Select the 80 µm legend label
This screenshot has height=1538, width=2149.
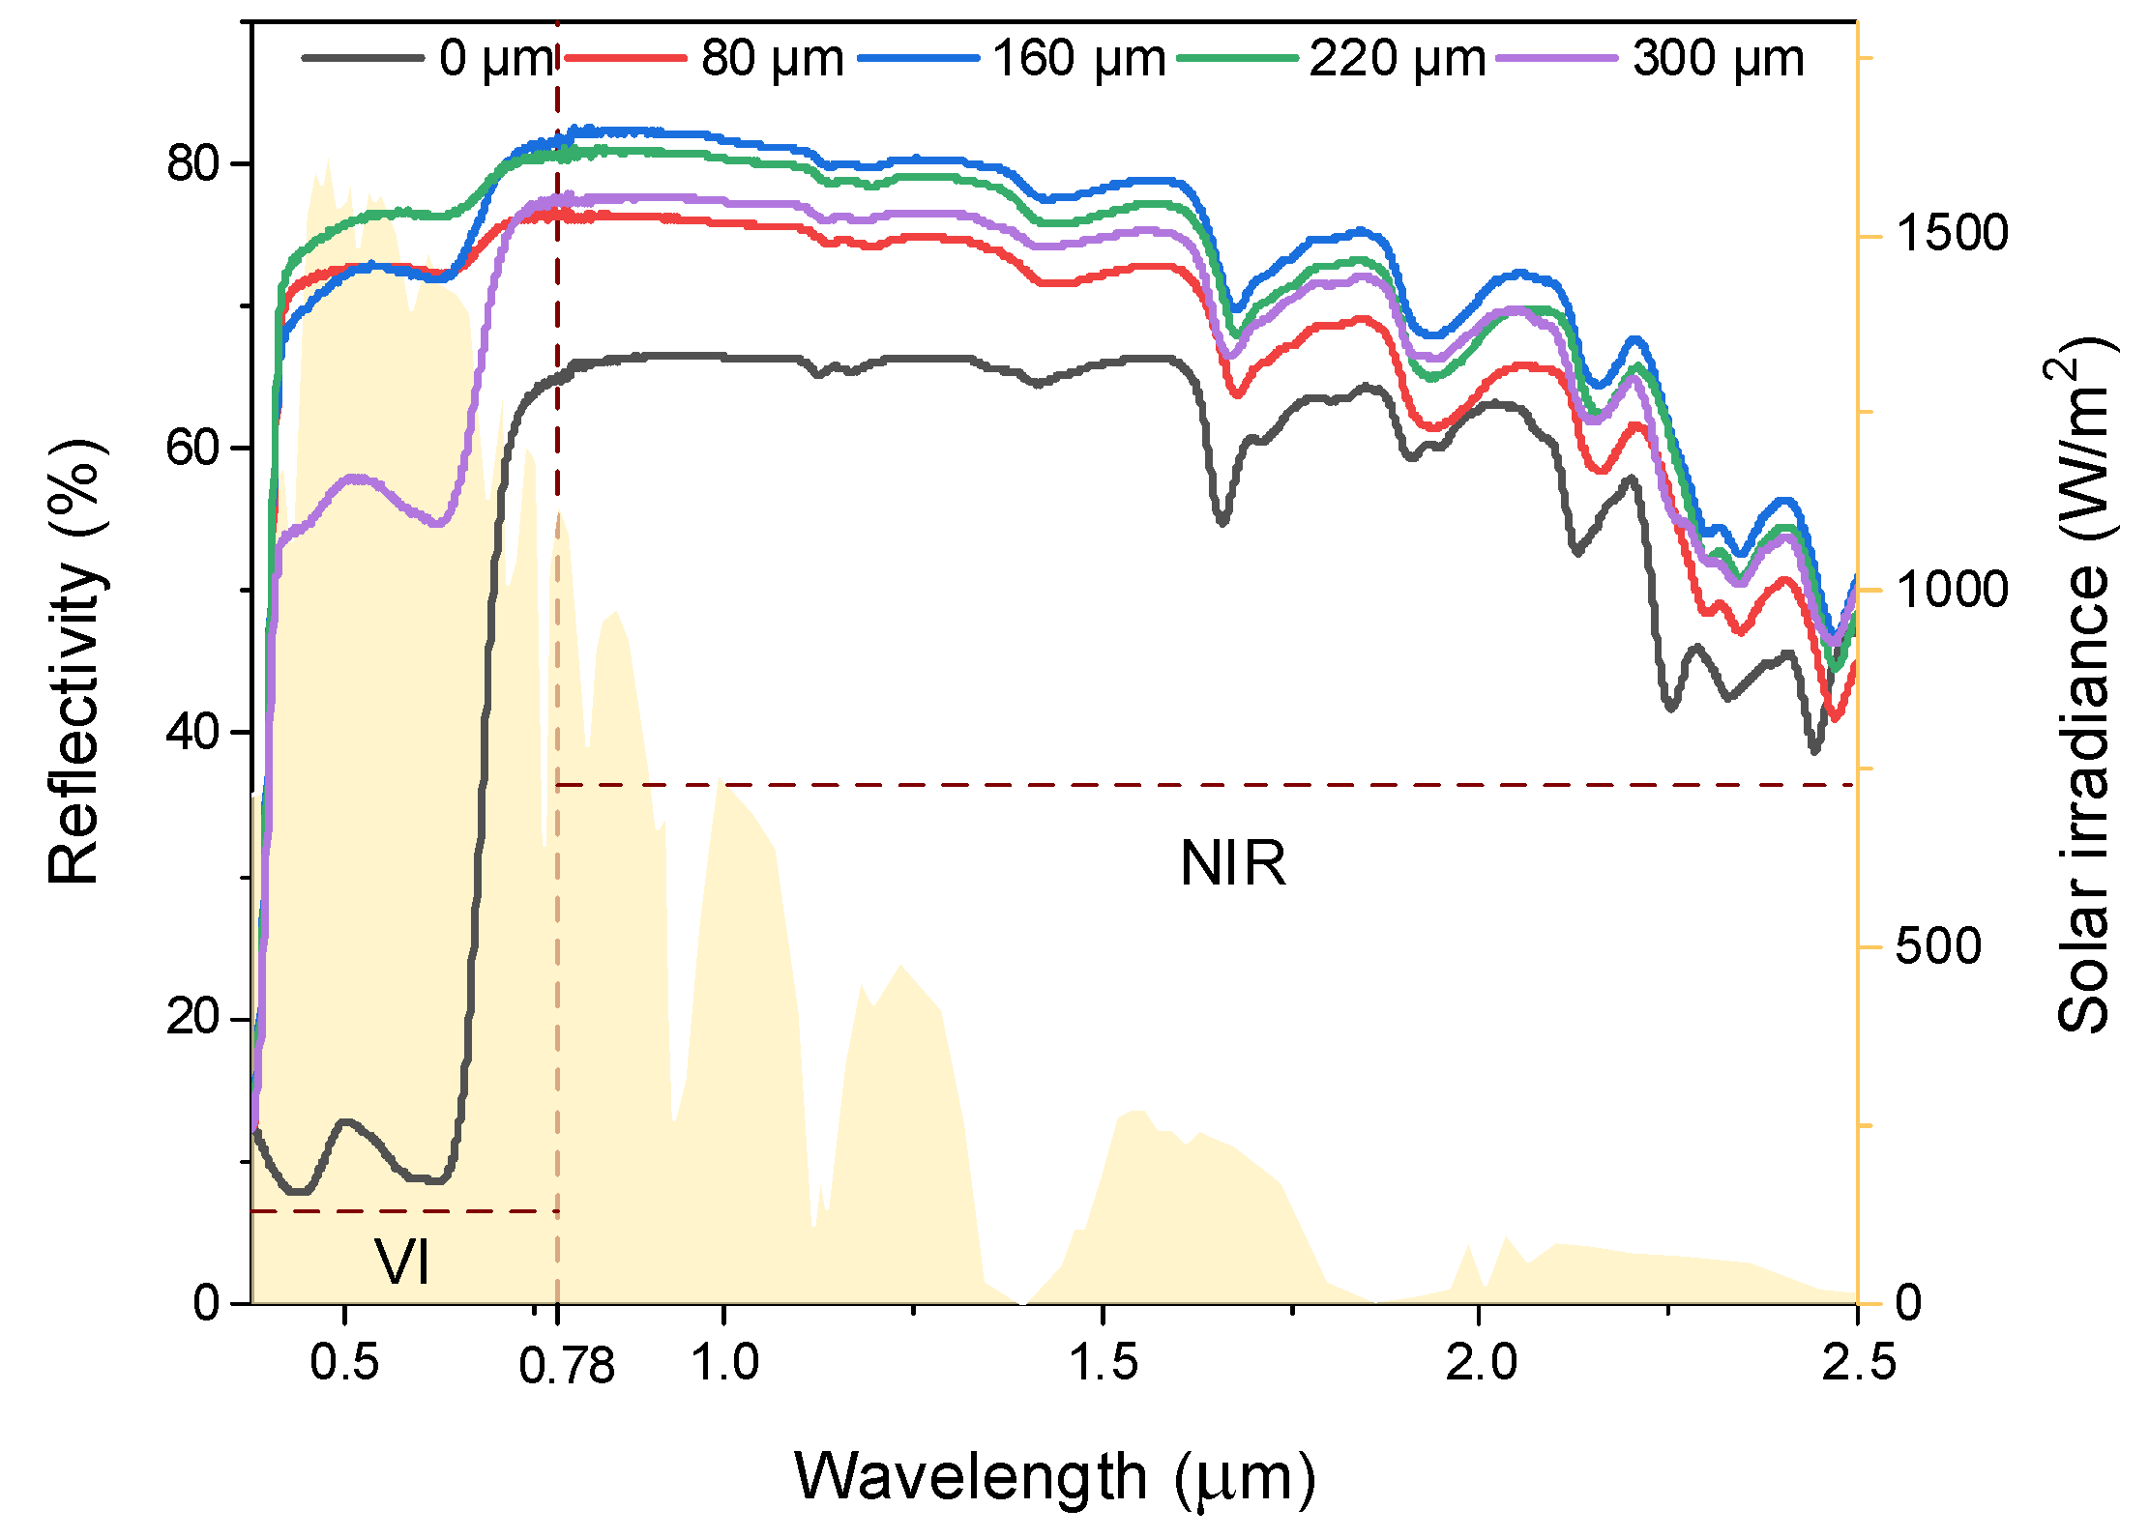[x=771, y=58]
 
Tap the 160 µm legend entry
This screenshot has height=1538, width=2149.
[x=1078, y=58]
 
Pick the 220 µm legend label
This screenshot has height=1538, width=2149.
[x=1397, y=58]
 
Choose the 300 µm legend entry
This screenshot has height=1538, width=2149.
[x=1718, y=58]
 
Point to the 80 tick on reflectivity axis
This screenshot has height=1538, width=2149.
[x=194, y=162]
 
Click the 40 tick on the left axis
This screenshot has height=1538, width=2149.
[x=194, y=732]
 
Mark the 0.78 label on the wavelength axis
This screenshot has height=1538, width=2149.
[x=566, y=1366]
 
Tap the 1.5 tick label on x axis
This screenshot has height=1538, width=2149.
[x=1103, y=1362]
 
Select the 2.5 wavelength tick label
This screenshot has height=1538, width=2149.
[x=1858, y=1362]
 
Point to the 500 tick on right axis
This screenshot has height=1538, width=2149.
[x=1937, y=945]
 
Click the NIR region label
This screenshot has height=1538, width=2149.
[x=1232, y=862]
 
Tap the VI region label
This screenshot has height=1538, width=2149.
[x=402, y=1262]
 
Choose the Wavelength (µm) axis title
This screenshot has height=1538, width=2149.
[x=1054, y=1476]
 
